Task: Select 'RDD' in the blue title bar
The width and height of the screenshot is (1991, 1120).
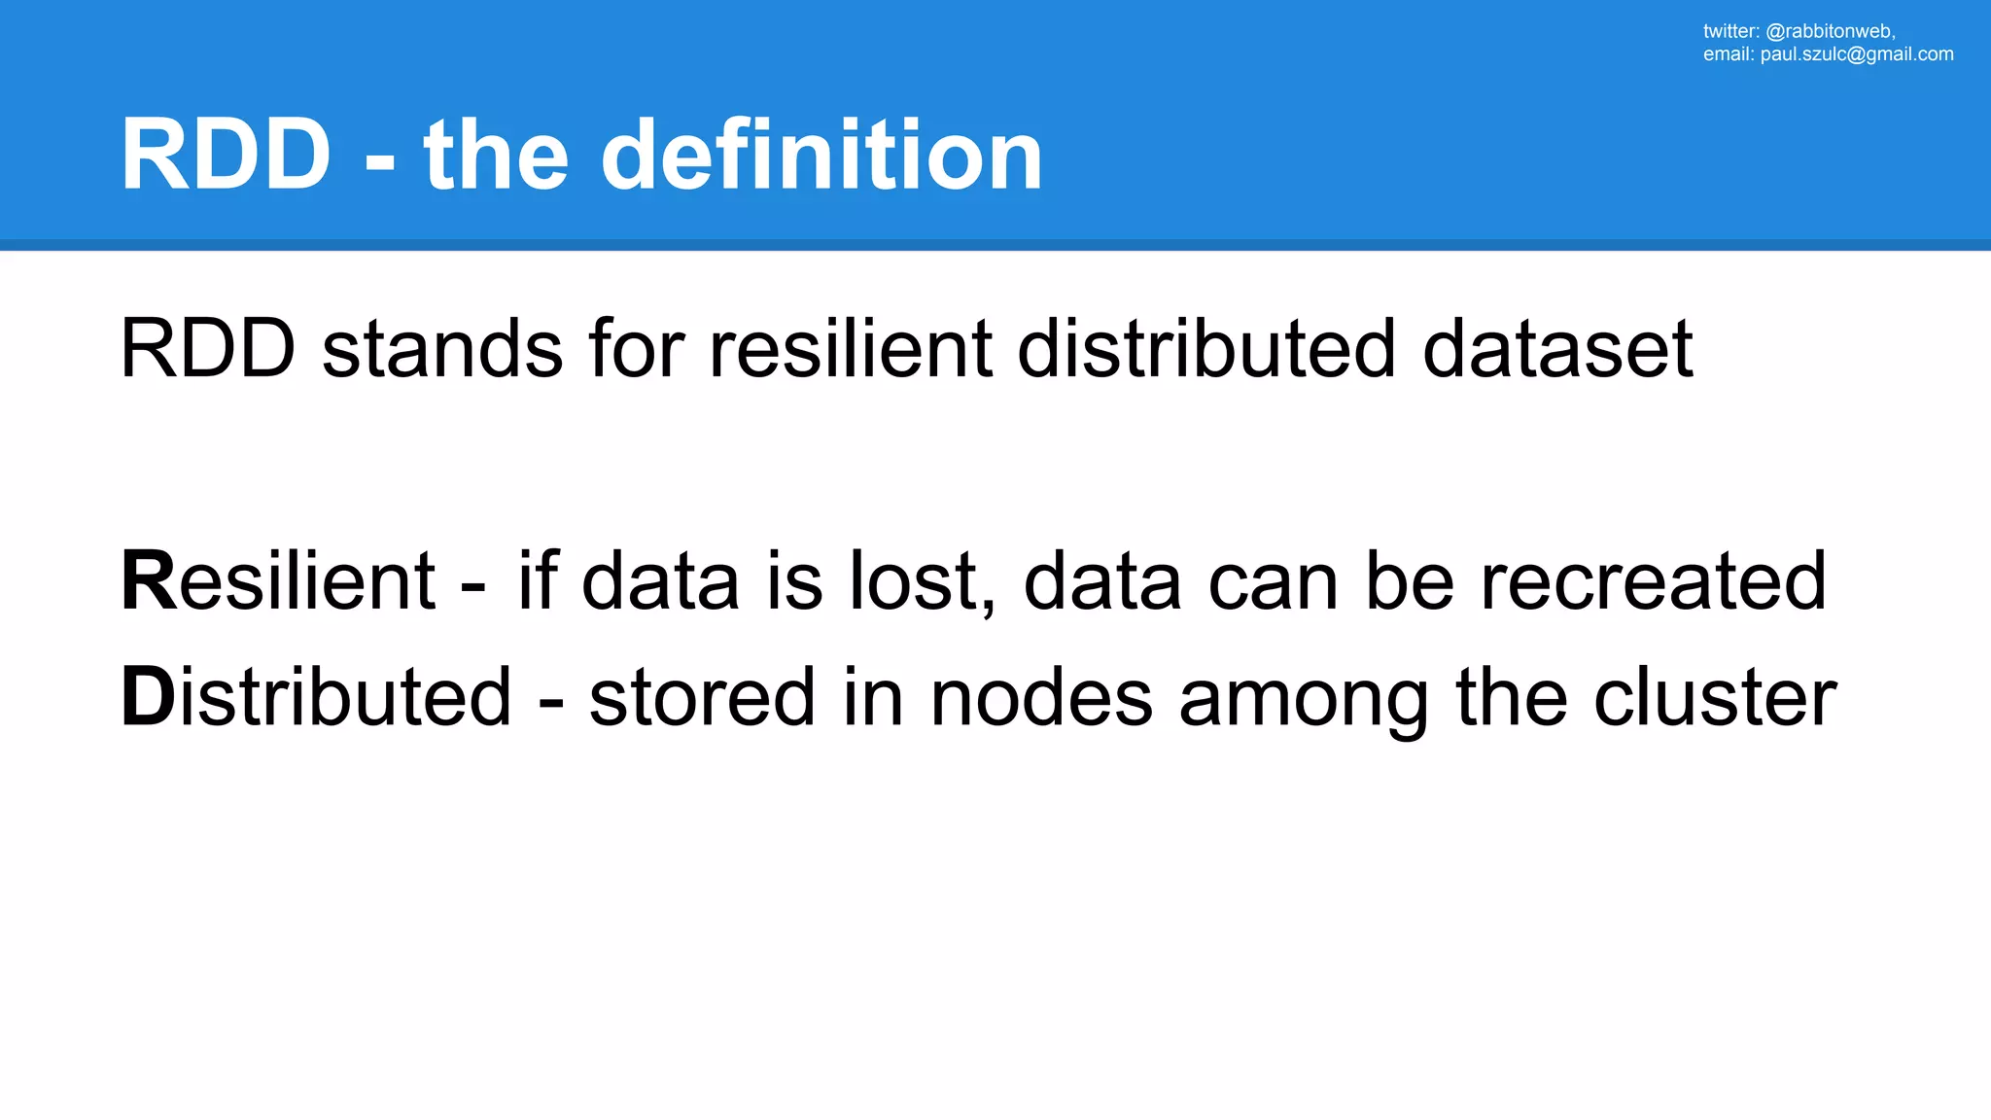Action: pos(226,156)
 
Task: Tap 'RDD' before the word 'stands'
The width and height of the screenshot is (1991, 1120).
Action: pos(207,349)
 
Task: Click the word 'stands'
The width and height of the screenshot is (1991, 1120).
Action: pos(442,349)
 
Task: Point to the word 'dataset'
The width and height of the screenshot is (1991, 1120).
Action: pos(1557,349)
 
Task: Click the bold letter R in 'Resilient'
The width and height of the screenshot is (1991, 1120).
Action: pos(149,581)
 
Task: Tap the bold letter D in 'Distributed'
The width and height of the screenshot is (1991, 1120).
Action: pos(148,697)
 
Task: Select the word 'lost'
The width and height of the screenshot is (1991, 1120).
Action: pos(914,581)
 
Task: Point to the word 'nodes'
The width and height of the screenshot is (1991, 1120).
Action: pos(1041,697)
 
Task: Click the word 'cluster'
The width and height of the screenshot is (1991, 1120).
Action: pos(1715,697)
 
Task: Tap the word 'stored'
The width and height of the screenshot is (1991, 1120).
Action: pos(702,697)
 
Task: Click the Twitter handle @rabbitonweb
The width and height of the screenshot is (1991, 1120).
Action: pos(1829,31)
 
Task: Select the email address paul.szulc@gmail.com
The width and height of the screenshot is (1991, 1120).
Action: pos(1857,54)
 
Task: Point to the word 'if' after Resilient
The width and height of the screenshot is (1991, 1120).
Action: pos(538,581)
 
